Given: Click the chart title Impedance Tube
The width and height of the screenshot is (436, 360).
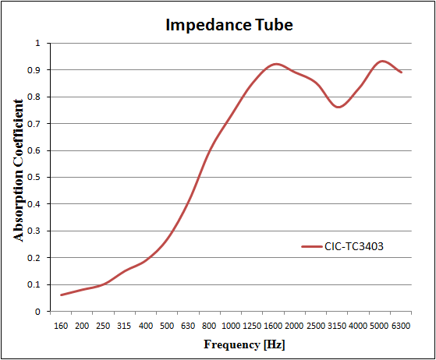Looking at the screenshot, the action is coord(229,25).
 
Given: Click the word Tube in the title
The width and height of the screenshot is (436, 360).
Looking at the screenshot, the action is coord(274,25).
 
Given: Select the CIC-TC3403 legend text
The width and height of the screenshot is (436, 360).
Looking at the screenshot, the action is coord(354,246).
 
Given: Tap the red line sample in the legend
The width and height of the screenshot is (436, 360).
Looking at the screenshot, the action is coord(312,246).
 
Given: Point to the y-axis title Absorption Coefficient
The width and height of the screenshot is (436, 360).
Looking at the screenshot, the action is coord(19,171).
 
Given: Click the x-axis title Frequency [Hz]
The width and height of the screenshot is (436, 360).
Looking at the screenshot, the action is coord(244,344).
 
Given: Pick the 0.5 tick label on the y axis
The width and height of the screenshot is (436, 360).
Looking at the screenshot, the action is coord(34,177).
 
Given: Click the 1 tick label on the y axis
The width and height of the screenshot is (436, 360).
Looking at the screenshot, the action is coord(37,43).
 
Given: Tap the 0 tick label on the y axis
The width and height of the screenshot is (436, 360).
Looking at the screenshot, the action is coord(37,312).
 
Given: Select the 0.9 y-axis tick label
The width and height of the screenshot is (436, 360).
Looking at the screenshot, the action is coord(34,69).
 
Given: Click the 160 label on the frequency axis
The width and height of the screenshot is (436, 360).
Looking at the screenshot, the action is coord(61,326).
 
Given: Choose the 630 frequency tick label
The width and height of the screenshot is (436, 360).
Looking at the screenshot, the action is coord(188,326).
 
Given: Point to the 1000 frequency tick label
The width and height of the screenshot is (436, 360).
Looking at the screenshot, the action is coord(231,326).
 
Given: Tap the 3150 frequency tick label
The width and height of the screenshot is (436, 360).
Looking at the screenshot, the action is coord(337,326).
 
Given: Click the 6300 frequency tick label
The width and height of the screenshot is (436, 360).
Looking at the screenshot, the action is coord(401,326).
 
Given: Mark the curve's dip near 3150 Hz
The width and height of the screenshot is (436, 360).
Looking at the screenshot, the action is coord(339,107).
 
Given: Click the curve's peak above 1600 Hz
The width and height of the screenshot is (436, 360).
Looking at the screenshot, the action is coord(276,64).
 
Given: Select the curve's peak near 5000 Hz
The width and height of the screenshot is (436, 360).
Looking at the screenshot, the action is coord(382,61).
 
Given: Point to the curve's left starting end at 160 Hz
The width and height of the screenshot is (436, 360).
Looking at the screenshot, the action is coord(61,295).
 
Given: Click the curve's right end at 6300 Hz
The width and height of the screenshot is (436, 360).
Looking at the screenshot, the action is coord(401,72).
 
